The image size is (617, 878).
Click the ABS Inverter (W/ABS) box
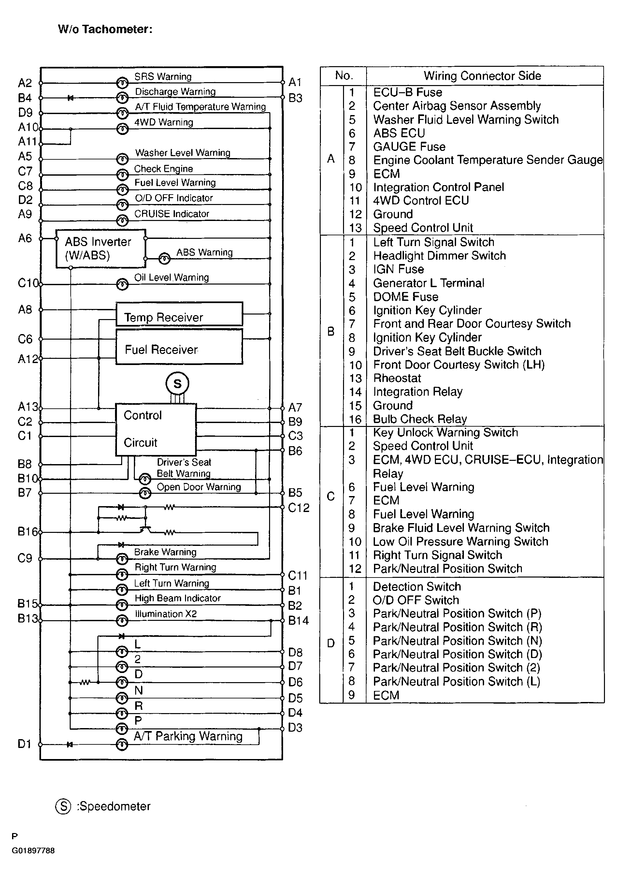click(101, 249)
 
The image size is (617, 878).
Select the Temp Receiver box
click(179, 314)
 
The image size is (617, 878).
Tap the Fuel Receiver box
click(179, 347)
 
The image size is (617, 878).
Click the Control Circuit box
click(156, 429)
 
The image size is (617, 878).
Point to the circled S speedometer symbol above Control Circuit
click(177, 383)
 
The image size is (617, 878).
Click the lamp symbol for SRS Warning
click(122, 82)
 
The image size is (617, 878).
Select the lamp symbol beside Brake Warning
click(122, 559)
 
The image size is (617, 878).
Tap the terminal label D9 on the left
click(25, 112)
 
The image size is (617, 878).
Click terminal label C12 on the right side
click(298, 507)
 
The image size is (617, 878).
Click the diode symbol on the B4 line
click(70, 98)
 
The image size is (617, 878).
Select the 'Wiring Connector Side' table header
click(482, 76)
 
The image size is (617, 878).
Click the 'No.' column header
click(343, 75)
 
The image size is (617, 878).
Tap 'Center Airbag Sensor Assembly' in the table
click(456, 106)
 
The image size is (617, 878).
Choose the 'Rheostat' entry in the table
click(397, 378)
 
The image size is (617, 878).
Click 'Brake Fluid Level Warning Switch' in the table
click(461, 528)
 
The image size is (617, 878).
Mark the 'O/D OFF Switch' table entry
click(416, 600)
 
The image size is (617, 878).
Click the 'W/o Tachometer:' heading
click(105, 29)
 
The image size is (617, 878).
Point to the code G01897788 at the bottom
click(33, 851)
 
